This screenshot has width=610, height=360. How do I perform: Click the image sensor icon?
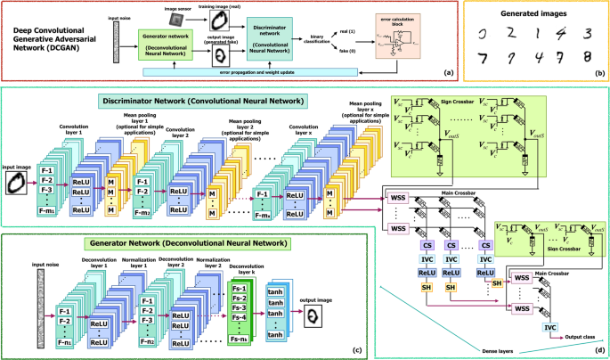click(182, 17)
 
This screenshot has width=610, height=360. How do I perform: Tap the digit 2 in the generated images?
click(512, 35)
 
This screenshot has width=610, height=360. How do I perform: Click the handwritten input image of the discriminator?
click(17, 183)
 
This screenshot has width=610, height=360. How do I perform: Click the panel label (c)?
click(357, 348)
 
